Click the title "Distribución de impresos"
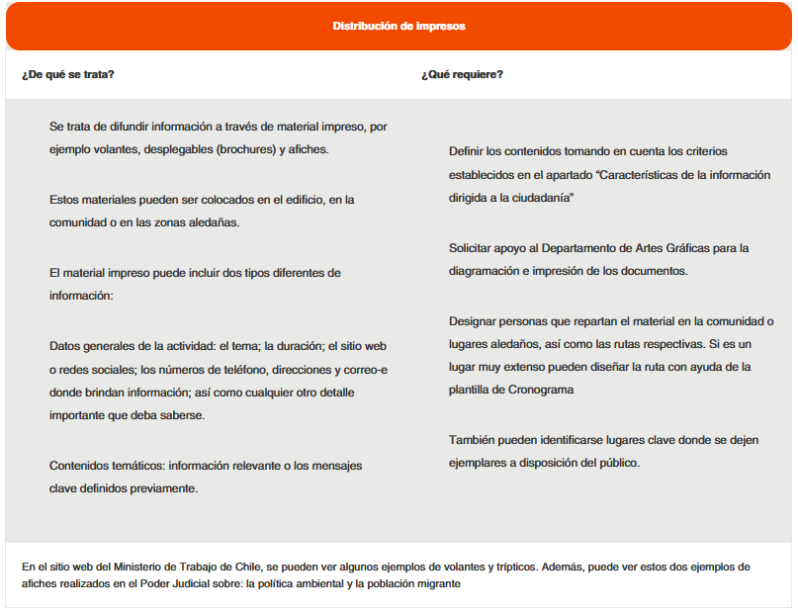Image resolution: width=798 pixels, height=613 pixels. point(399,26)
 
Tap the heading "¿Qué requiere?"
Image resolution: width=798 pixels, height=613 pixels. point(461,74)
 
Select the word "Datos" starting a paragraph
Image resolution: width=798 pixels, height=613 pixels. point(65,345)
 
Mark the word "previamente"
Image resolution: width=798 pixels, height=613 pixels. point(167,488)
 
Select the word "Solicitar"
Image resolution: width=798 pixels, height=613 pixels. point(472,247)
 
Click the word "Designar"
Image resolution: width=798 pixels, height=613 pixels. point(474,320)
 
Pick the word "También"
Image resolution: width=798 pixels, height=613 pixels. point(473,439)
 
